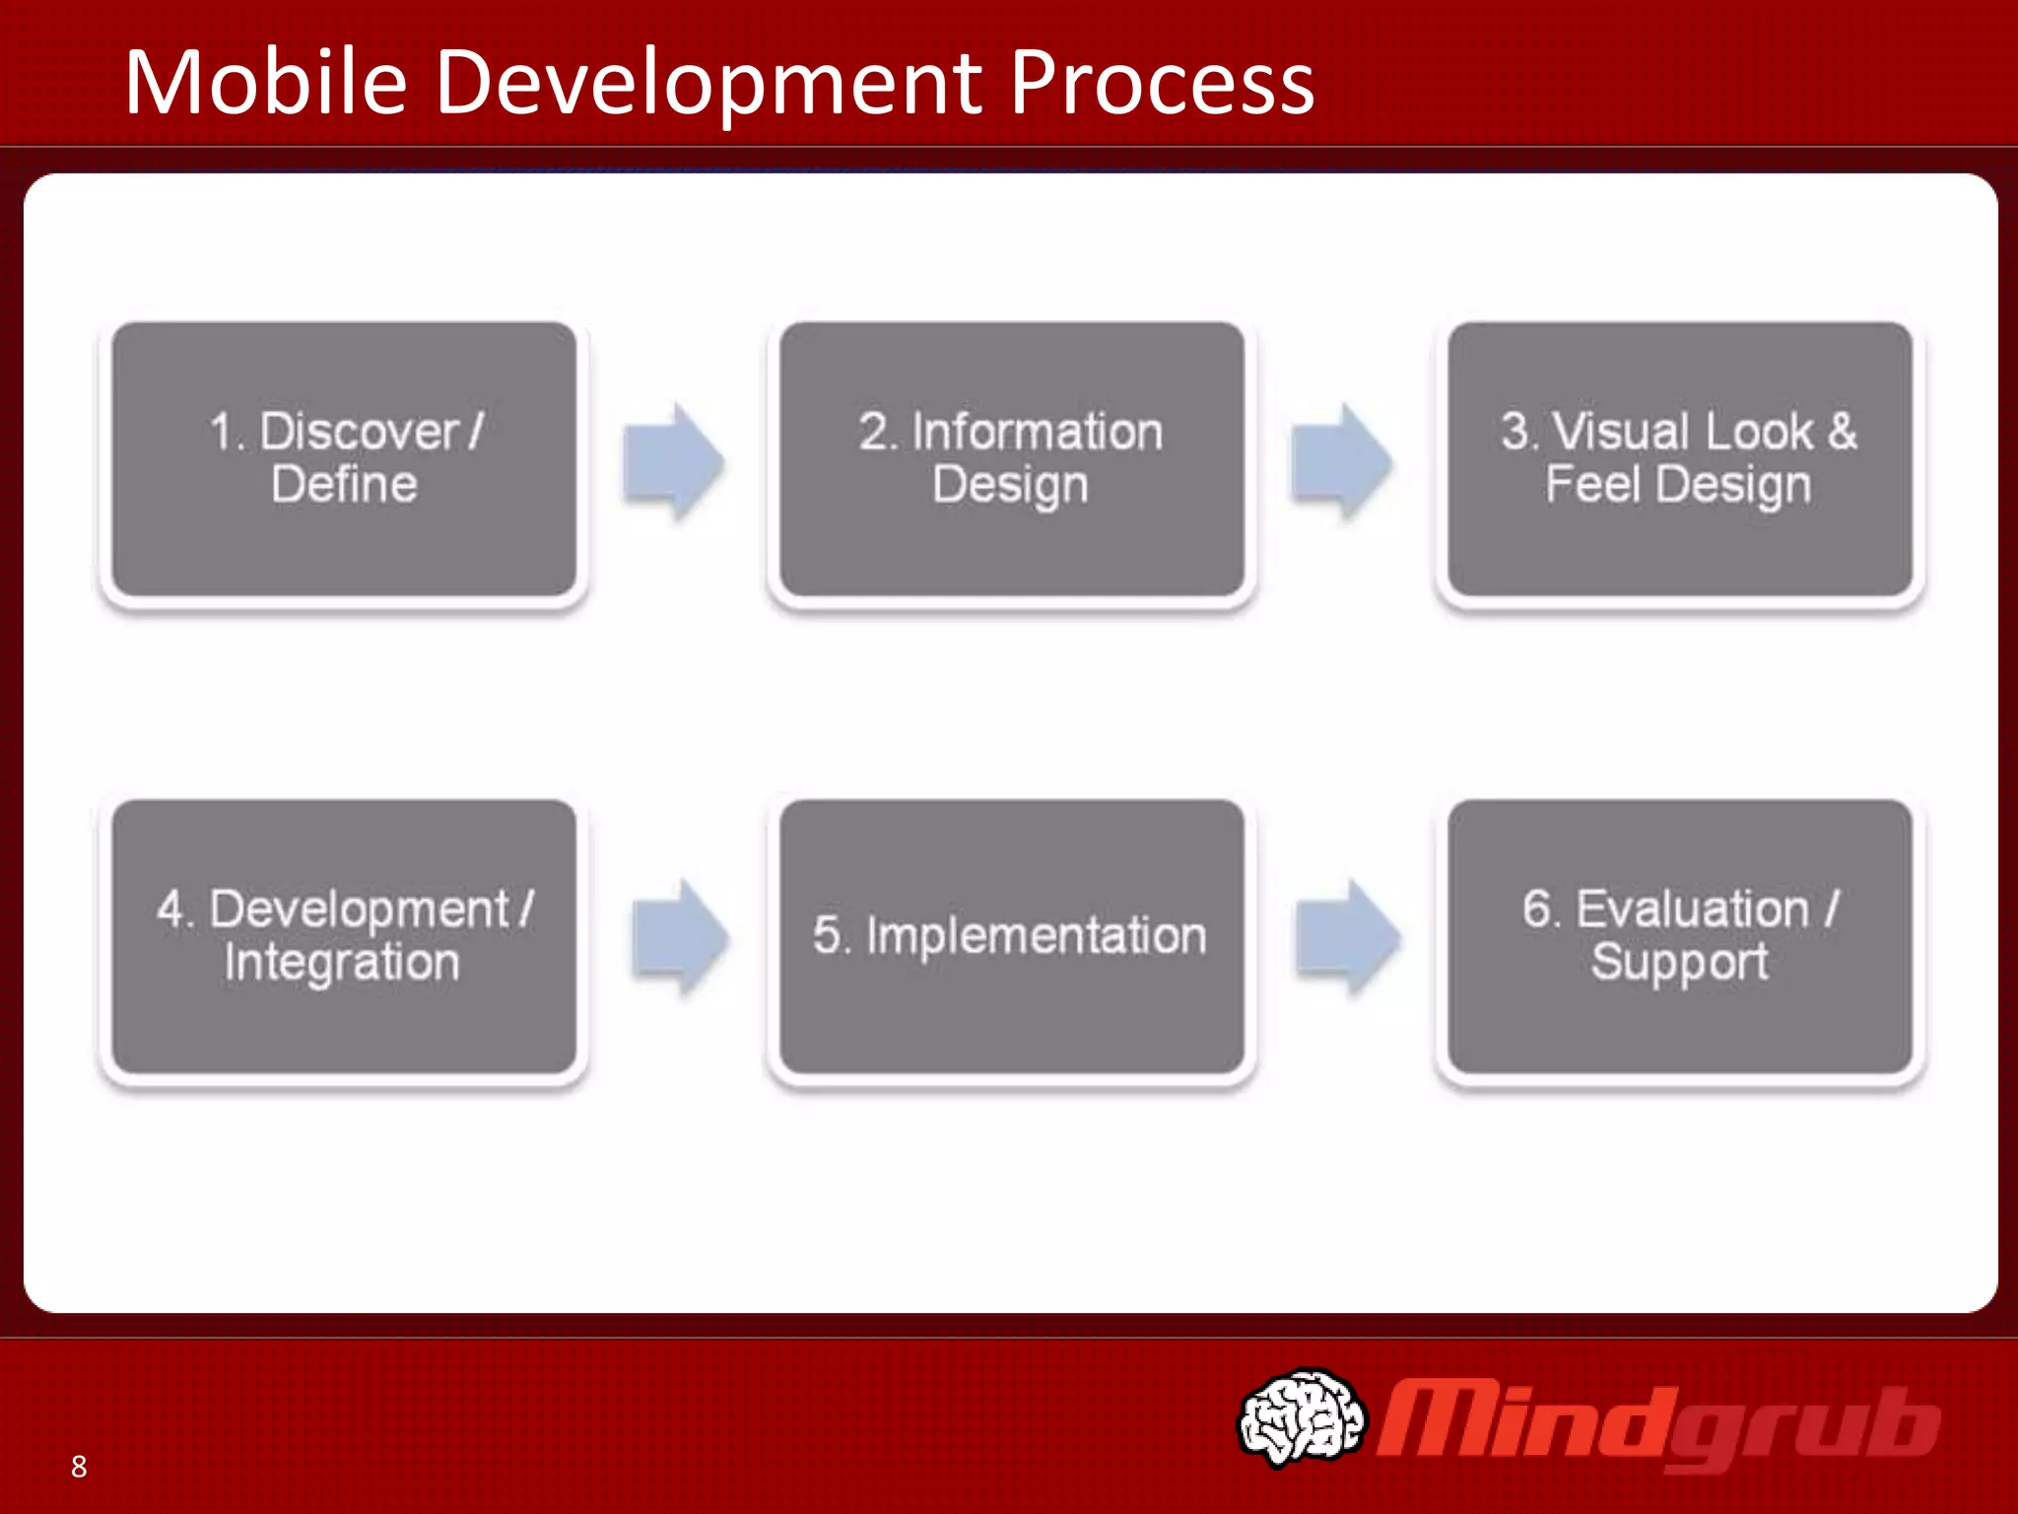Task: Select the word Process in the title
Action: point(1163,83)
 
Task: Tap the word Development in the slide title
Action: point(709,83)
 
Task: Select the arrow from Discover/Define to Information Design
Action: point(674,461)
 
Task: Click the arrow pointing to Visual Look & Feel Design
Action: point(1341,461)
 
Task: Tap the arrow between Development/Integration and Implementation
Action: point(680,937)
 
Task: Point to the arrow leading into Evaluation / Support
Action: point(1347,937)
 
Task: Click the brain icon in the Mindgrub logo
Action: point(1301,1417)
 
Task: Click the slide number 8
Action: point(79,1467)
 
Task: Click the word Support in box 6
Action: point(1679,962)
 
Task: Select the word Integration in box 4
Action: point(342,962)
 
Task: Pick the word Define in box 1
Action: point(344,485)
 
